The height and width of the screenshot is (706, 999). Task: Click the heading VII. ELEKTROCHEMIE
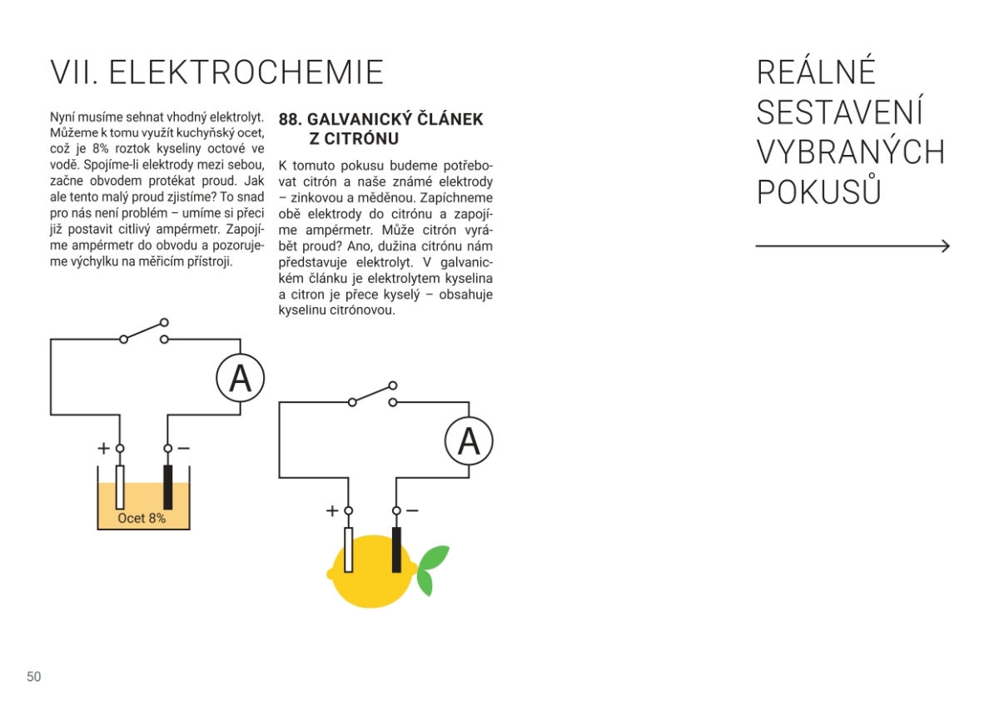click(217, 73)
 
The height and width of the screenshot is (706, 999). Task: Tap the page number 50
click(34, 677)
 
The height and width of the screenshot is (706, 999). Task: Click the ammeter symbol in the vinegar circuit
click(240, 379)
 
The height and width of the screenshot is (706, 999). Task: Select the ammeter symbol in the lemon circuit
click(469, 441)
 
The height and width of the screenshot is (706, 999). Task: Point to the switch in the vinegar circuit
click(144, 331)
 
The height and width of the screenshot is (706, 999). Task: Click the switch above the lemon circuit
click(373, 394)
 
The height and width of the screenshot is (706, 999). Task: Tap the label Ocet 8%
click(142, 518)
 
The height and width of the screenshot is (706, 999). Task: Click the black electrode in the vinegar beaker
click(167, 487)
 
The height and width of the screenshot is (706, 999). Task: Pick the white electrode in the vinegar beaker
click(120, 487)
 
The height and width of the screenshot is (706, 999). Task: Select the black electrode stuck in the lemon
click(396, 549)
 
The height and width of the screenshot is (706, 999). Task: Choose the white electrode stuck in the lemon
click(349, 549)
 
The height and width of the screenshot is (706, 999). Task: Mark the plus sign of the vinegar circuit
click(103, 448)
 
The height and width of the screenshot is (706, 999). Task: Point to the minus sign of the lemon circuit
click(412, 510)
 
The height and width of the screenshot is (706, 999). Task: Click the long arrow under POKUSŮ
click(852, 246)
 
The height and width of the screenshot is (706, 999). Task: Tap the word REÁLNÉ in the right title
click(816, 73)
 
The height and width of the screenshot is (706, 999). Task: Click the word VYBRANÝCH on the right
click(851, 153)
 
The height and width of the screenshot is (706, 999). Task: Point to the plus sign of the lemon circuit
click(332, 510)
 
